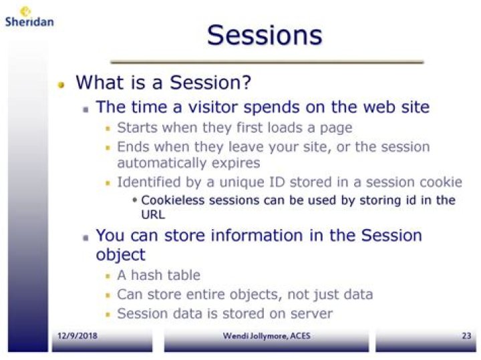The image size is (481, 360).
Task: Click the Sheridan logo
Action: (x=28, y=17)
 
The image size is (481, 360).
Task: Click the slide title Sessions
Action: (x=264, y=35)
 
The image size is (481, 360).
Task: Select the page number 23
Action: (x=466, y=335)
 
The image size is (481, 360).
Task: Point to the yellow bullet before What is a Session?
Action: (x=61, y=85)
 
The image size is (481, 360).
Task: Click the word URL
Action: (x=153, y=215)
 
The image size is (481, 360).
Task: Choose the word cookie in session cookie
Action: (x=441, y=182)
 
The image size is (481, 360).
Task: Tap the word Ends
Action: (x=132, y=146)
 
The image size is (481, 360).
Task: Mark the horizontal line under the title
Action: (x=267, y=61)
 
